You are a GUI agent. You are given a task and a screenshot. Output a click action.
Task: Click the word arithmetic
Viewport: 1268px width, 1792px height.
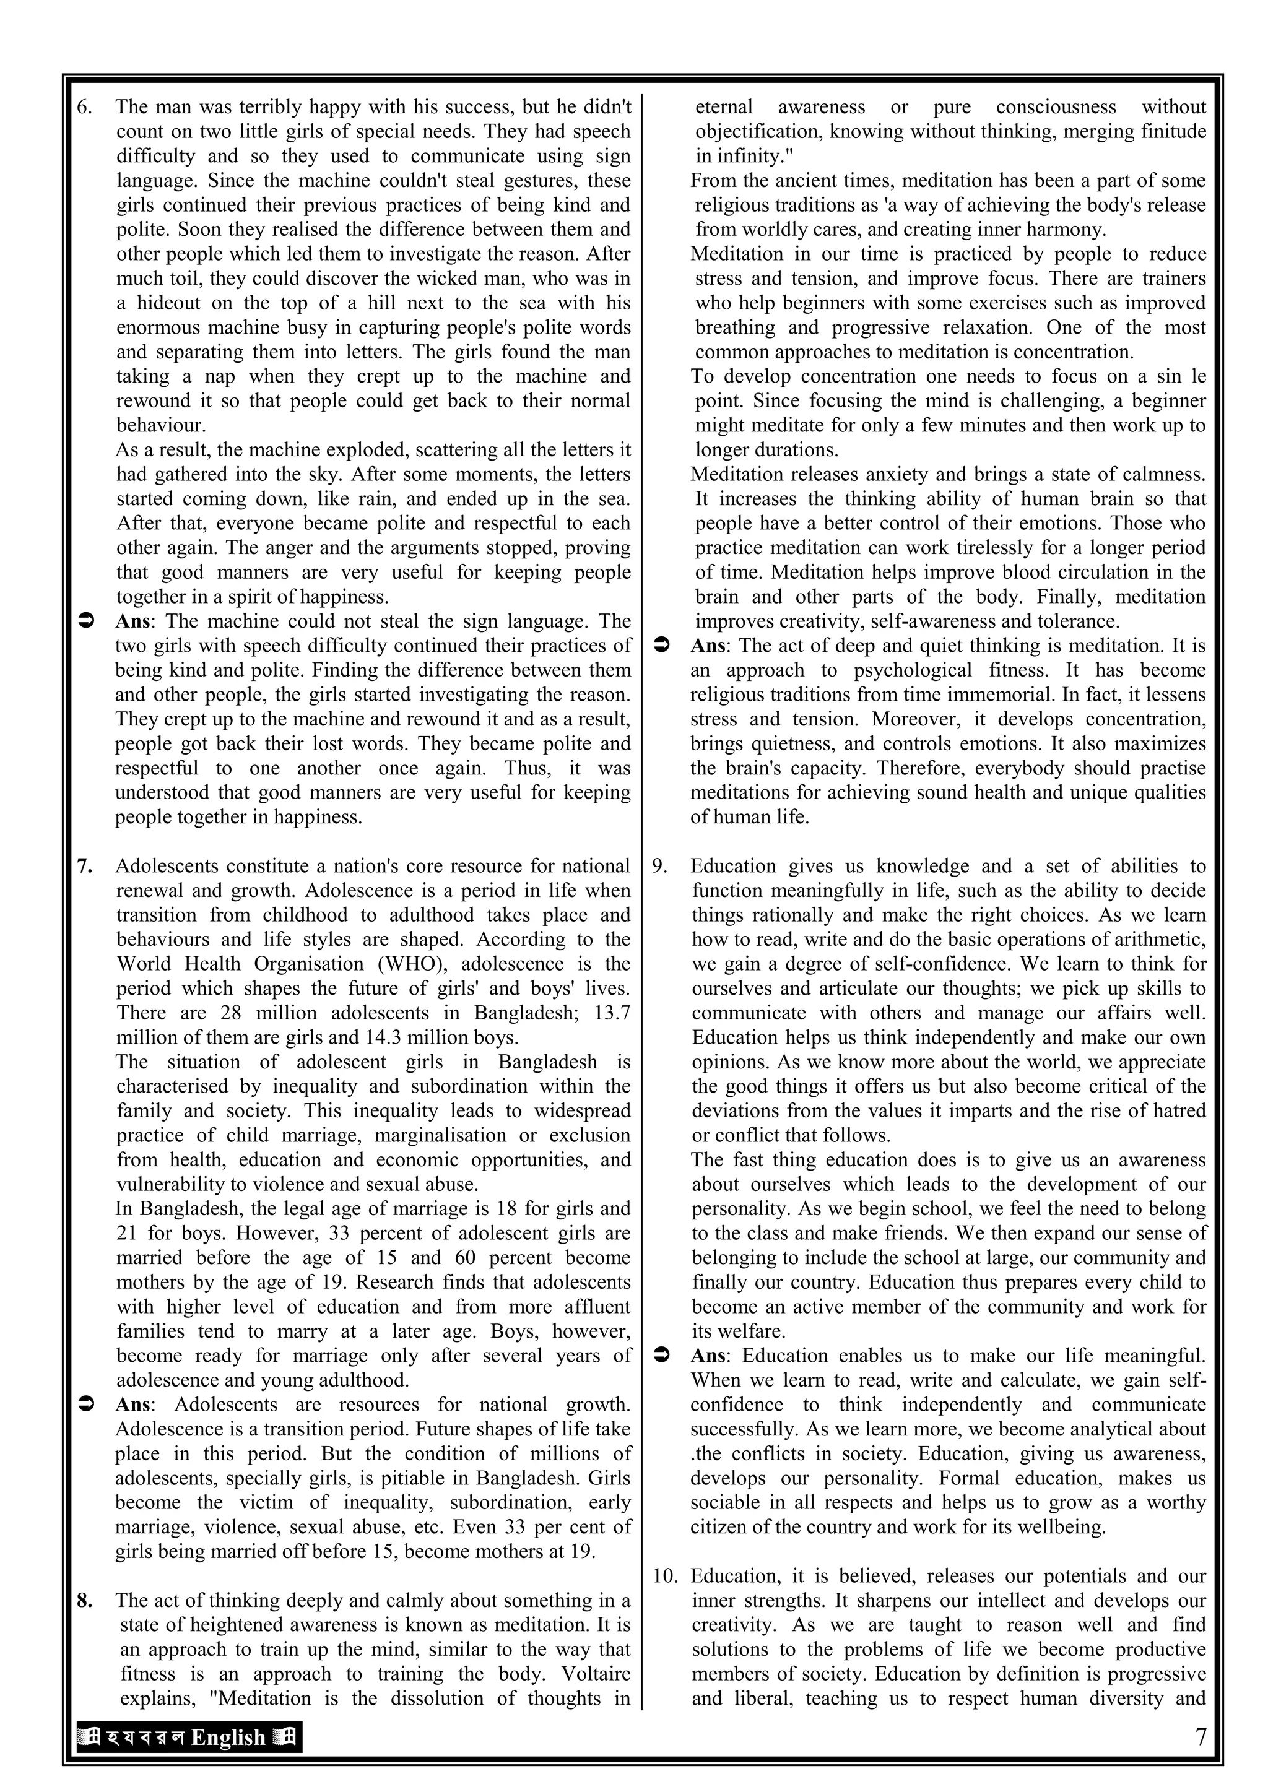point(1161,939)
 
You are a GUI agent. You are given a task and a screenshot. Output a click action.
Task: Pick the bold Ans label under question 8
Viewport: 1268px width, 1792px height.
point(708,646)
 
